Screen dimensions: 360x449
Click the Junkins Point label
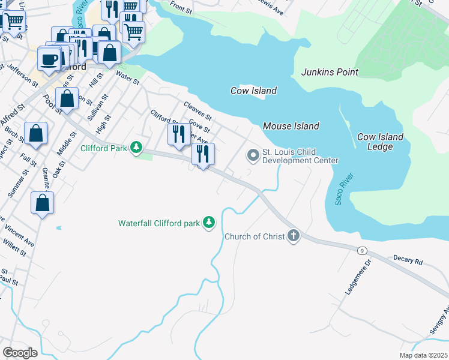(x=330, y=72)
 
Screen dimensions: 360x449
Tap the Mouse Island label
(x=291, y=126)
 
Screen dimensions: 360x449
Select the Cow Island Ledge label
(x=380, y=142)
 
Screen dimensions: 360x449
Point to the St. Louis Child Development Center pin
(x=253, y=156)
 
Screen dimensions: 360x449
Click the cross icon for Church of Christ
(x=293, y=236)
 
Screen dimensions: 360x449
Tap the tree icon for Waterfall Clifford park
(x=208, y=223)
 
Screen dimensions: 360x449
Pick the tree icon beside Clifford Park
(x=137, y=147)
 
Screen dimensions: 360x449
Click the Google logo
(x=20, y=352)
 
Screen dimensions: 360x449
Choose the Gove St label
(x=199, y=126)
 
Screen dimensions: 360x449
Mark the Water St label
(x=127, y=78)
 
